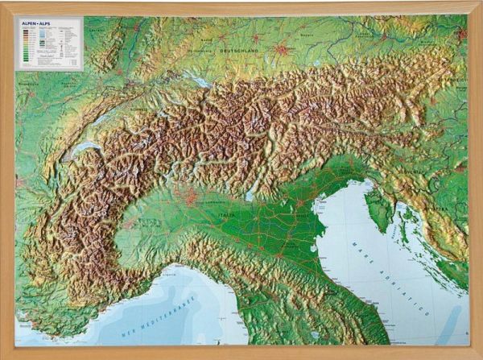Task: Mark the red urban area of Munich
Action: click(281, 50)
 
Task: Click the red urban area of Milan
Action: click(191, 195)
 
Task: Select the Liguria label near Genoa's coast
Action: click(170, 274)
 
